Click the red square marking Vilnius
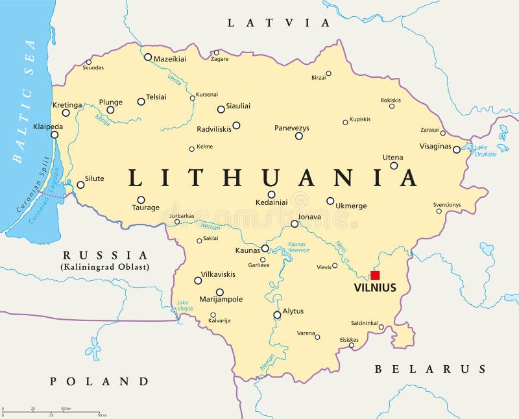(x=375, y=275)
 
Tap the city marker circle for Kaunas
(x=265, y=248)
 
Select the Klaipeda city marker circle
(x=54, y=135)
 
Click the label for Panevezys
(x=292, y=128)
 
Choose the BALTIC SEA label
(x=25, y=100)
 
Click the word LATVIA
(x=278, y=23)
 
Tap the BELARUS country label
(x=429, y=369)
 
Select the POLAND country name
(x=99, y=381)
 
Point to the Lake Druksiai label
(x=485, y=150)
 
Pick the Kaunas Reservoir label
(x=299, y=247)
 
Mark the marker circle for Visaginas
(x=456, y=149)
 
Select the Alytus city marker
(x=277, y=315)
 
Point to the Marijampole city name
(x=221, y=299)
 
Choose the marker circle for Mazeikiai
(x=148, y=57)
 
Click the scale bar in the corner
(x=51, y=411)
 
